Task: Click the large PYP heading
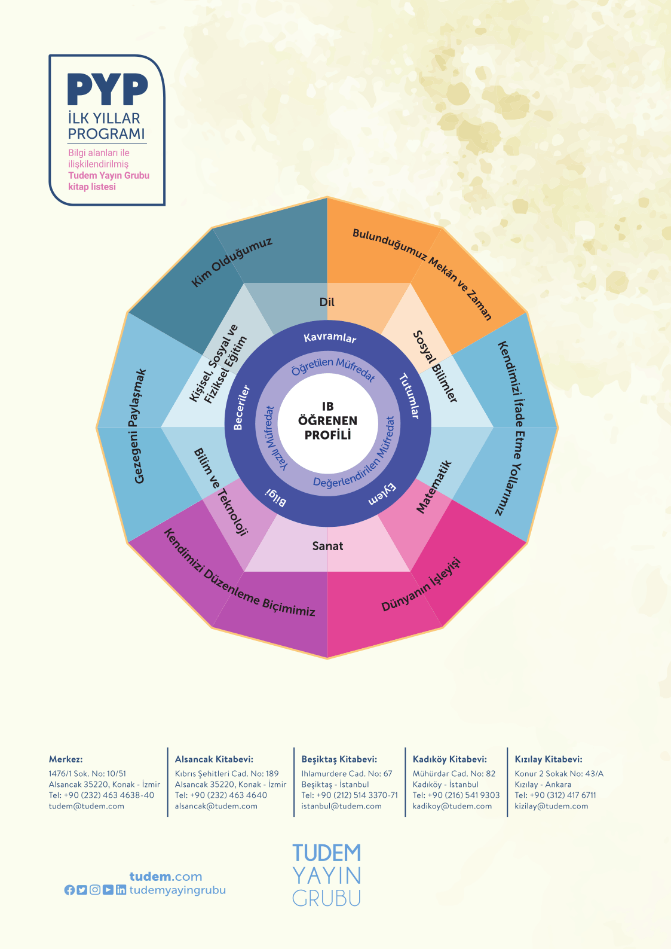click(x=108, y=90)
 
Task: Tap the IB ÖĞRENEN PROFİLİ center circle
click(x=327, y=421)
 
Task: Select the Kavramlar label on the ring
click(x=330, y=338)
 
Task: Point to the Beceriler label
click(x=241, y=408)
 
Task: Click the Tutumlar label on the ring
click(x=409, y=396)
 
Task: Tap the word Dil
click(x=327, y=302)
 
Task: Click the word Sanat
click(x=327, y=545)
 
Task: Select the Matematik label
click(x=434, y=487)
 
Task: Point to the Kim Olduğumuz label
click(x=232, y=262)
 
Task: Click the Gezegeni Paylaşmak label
click(x=139, y=426)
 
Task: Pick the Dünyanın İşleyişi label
click(x=422, y=584)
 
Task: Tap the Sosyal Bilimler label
click(x=436, y=366)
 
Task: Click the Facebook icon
click(x=69, y=890)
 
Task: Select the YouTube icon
click(x=108, y=890)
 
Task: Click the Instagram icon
click(x=95, y=890)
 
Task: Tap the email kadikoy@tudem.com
click(x=452, y=806)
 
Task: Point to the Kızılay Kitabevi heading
click(x=548, y=759)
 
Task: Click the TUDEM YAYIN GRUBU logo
click(x=327, y=874)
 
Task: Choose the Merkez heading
click(x=66, y=759)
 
